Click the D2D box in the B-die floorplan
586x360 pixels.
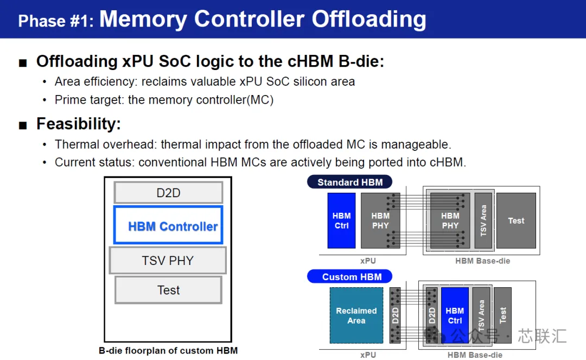coord(168,193)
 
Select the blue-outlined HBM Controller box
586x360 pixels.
coord(168,225)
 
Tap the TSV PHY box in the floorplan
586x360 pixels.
coord(168,260)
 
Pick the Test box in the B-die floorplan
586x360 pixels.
coord(168,290)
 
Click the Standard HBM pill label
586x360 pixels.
coord(350,182)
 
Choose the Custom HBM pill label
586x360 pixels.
coord(350,276)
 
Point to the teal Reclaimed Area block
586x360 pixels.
coord(356,315)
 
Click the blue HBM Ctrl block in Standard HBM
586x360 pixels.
coord(342,220)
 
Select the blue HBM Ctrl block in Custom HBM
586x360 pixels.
coord(455,315)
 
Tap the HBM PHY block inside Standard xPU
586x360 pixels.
coord(380,220)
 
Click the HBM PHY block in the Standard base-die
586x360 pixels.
coord(450,220)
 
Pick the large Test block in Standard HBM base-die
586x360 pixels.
coord(516,220)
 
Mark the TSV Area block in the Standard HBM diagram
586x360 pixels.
coord(483,220)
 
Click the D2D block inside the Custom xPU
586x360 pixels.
coord(395,315)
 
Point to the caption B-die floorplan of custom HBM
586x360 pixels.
coord(168,351)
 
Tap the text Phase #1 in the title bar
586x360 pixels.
coord(56,21)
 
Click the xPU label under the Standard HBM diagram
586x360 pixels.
coord(368,261)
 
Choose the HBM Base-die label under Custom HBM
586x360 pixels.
coord(475,355)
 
